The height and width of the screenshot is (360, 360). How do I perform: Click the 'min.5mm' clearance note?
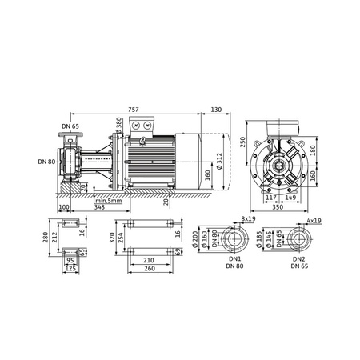[106, 200]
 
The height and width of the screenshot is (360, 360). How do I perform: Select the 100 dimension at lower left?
[64, 207]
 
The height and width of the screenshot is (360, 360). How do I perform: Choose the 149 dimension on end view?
[290, 196]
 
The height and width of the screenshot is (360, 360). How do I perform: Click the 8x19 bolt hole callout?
[247, 218]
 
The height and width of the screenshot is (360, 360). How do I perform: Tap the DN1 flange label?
[234, 260]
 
